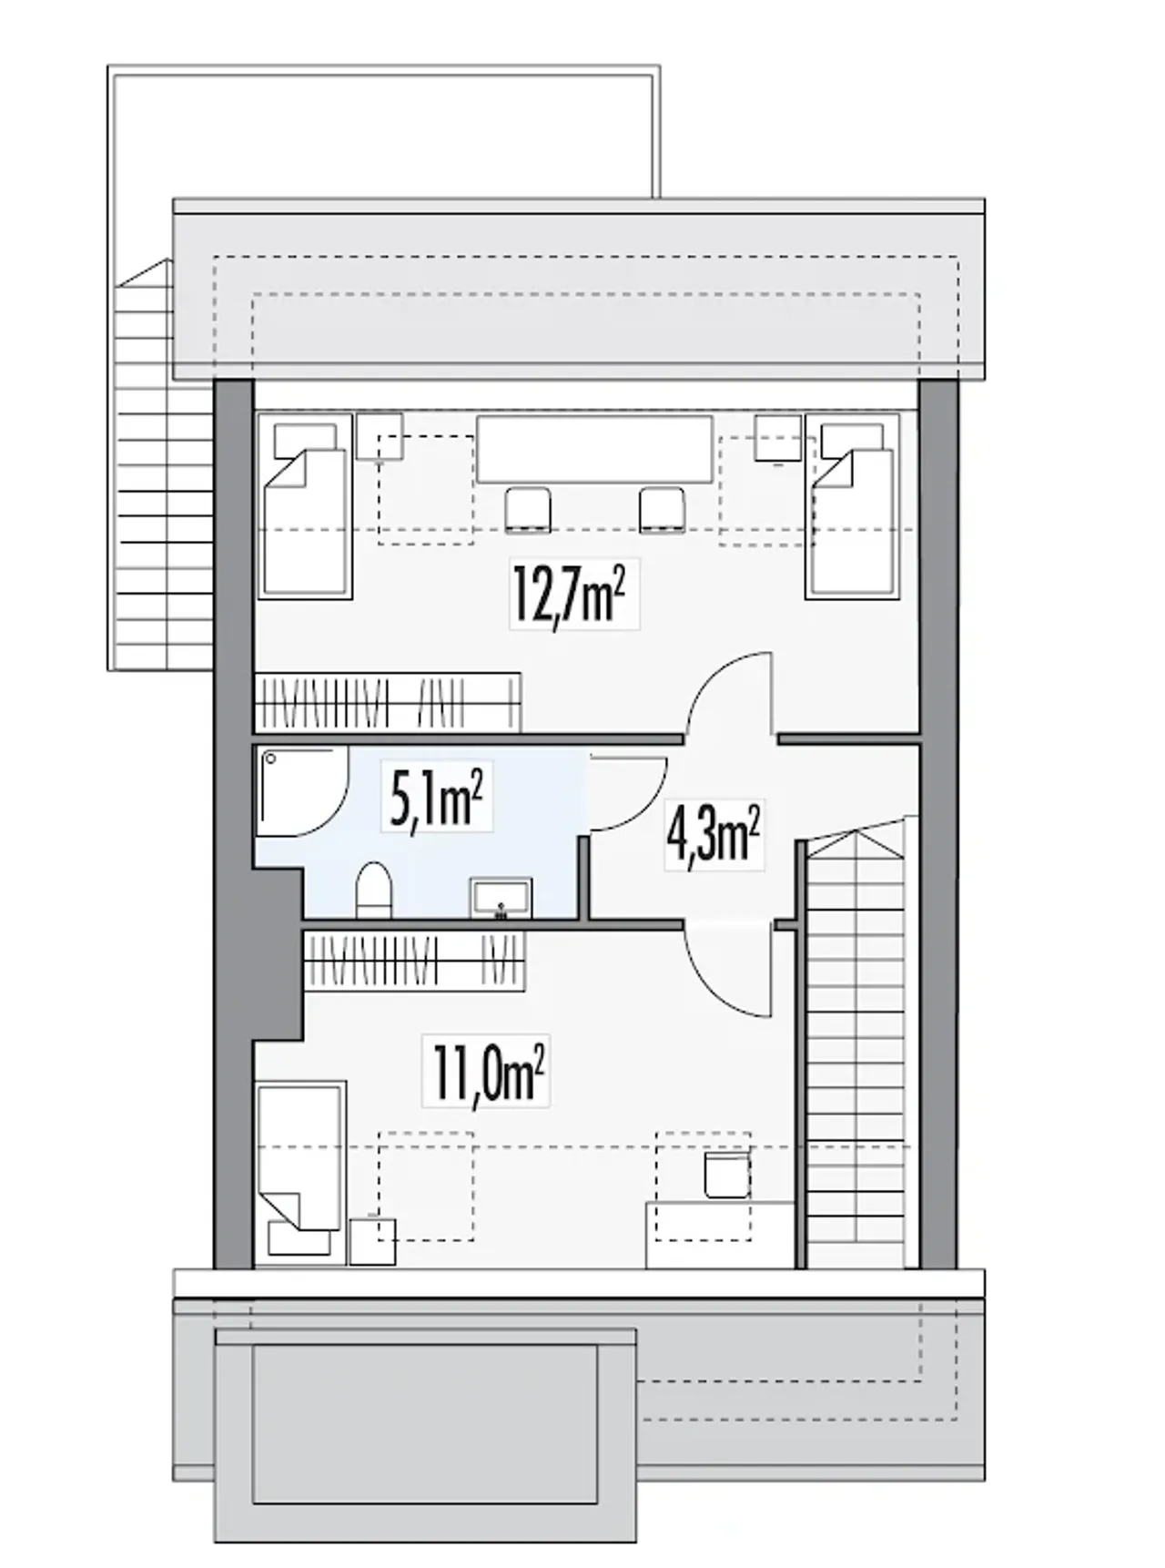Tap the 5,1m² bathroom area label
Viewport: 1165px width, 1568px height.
436,796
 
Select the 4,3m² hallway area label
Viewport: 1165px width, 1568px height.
714,836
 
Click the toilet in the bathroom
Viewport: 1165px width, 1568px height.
372,889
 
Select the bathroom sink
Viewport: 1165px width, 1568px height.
501,899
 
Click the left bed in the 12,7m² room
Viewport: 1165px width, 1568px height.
305,506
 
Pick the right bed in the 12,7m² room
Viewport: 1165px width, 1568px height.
852,506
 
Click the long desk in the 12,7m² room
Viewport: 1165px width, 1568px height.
594,449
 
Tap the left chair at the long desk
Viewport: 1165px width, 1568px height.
528,509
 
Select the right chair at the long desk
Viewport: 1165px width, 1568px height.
662,509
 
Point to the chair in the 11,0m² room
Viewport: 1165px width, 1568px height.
726,1176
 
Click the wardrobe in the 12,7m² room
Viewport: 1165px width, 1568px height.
387,702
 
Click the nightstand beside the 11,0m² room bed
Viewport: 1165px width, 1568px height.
372,1241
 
